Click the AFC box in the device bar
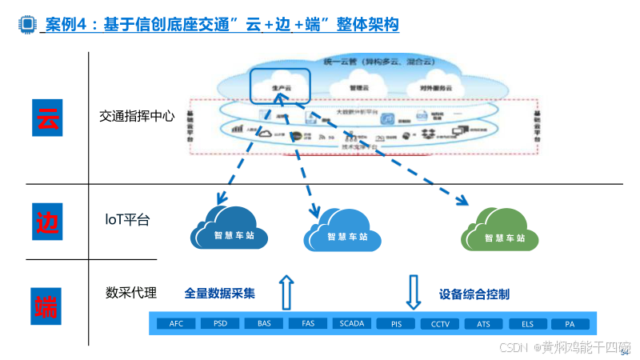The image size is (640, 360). point(176,324)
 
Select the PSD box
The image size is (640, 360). point(220,324)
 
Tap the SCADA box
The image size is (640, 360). point(352,324)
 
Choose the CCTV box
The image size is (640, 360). point(440,324)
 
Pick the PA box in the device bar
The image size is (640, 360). point(570,324)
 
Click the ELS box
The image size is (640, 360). point(527,324)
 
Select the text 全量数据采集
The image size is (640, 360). point(220,294)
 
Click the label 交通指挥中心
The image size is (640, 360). point(137,117)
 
